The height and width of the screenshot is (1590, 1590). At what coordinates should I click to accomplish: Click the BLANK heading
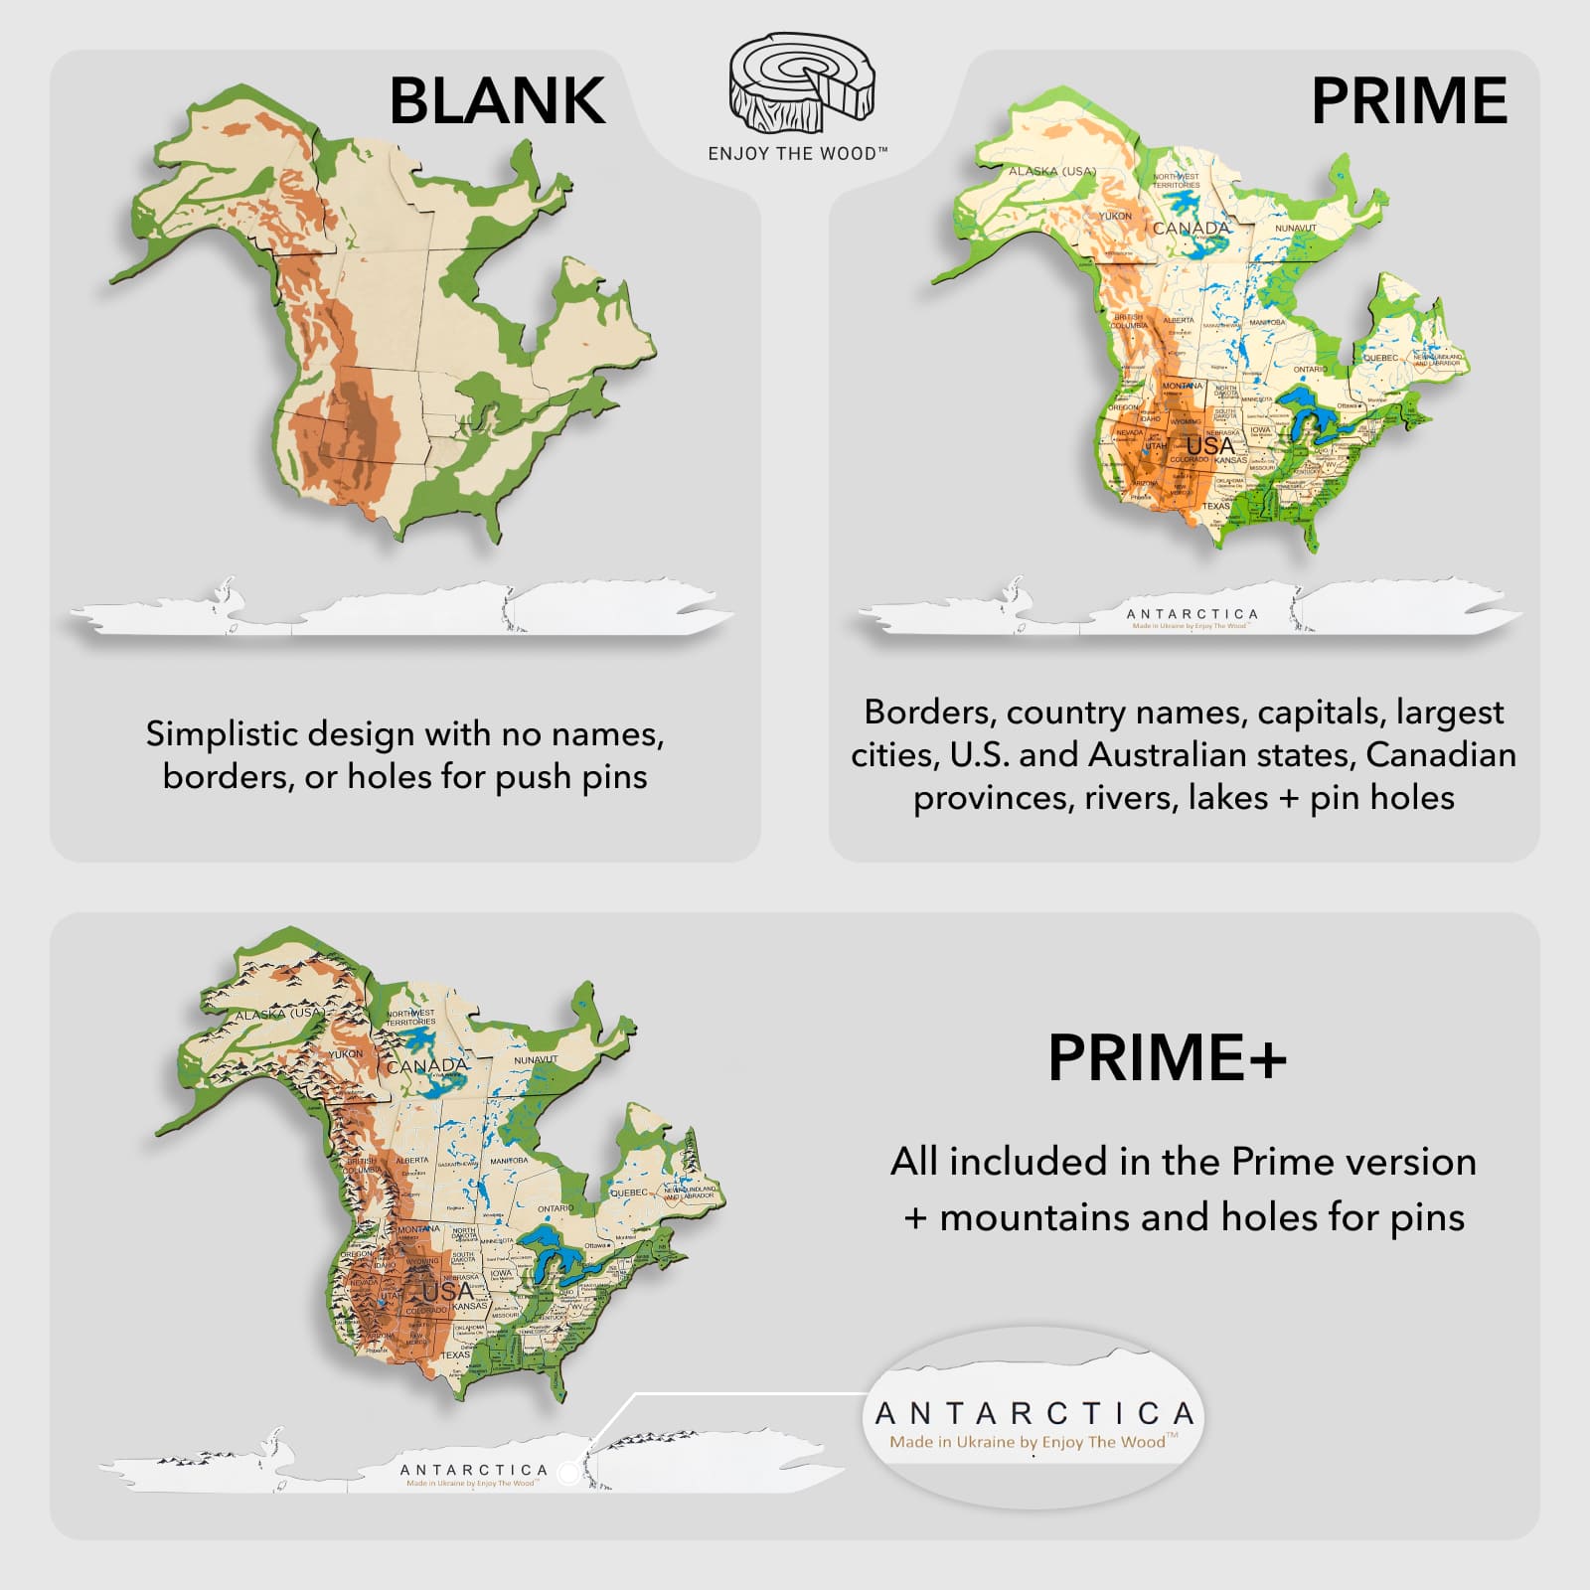coord(497,100)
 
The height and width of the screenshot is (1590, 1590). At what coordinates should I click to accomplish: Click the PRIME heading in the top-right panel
coord(1408,100)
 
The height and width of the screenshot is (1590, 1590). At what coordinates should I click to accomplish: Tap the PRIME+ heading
coord(1167,1057)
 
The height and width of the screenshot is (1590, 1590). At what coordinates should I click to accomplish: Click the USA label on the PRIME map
coord(1209,446)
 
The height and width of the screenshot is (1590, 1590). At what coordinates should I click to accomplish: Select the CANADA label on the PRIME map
coord(1192,229)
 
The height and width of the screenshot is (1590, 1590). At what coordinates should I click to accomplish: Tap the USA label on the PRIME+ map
coord(448,1291)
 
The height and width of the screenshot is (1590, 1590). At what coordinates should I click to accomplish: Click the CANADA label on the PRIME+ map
coord(426,1065)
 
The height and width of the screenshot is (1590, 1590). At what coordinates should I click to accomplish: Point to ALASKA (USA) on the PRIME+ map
coord(279,1015)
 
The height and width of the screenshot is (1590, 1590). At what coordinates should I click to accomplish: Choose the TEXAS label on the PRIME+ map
coord(455,1354)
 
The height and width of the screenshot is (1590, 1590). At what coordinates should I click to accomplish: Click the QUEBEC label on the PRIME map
coord(1380,358)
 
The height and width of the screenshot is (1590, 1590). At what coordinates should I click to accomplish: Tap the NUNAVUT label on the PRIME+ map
coord(536,1060)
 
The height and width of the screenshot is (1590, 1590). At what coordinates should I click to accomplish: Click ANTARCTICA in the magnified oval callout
coord(1033,1413)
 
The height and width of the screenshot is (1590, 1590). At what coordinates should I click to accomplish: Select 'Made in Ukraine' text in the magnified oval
coord(1028,1442)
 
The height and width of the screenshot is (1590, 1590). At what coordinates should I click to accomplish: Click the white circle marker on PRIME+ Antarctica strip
coord(568,1472)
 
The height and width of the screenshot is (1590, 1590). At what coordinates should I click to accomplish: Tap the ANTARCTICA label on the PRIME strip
coord(1192,614)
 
